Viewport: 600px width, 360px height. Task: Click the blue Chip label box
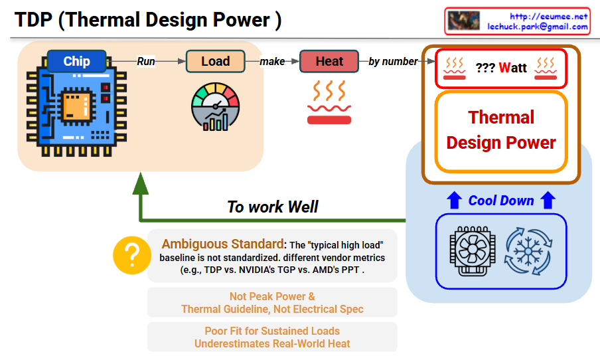click(x=76, y=62)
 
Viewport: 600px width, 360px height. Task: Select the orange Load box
click(x=215, y=62)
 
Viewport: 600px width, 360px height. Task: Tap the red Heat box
click(x=329, y=62)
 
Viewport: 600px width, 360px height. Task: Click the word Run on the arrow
click(x=146, y=62)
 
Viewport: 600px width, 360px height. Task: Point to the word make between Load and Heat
click(x=272, y=62)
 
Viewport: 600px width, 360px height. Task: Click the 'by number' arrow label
click(x=393, y=62)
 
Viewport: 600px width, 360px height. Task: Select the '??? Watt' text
click(x=501, y=68)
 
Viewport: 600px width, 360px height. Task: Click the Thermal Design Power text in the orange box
click(x=501, y=130)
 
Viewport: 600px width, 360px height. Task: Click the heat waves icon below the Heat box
click(x=329, y=103)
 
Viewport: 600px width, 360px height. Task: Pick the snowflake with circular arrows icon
click(x=528, y=250)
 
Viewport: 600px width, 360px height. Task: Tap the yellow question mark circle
click(x=132, y=255)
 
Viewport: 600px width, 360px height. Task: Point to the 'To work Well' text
click(x=273, y=207)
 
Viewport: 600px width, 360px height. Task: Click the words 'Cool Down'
click(x=501, y=201)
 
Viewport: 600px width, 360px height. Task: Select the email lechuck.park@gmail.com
click(x=538, y=27)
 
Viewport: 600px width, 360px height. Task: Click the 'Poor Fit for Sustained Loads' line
click(x=272, y=331)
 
